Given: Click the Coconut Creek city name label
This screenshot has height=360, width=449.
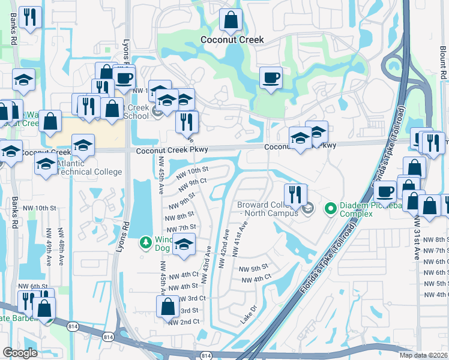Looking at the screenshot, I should pyautogui.click(x=232, y=40).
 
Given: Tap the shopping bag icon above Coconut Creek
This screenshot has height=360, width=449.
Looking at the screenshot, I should pyautogui.click(x=231, y=21).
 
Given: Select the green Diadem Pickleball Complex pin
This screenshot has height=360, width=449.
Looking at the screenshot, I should pyautogui.click(x=330, y=209).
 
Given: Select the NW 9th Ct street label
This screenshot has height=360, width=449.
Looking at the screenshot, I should pyautogui.click(x=193, y=182).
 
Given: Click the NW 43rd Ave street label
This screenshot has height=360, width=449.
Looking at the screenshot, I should pyautogui.click(x=205, y=259).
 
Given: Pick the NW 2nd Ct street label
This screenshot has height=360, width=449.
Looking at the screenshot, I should pyautogui.click(x=184, y=322).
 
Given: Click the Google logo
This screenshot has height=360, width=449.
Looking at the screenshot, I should pyautogui.click(x=20, y=353).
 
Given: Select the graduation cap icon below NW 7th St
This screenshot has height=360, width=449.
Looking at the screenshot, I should pyautogui.click(x=184, y=245).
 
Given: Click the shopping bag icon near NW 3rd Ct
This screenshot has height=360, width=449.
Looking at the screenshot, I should pyautogui.click(x=167, y=306).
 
